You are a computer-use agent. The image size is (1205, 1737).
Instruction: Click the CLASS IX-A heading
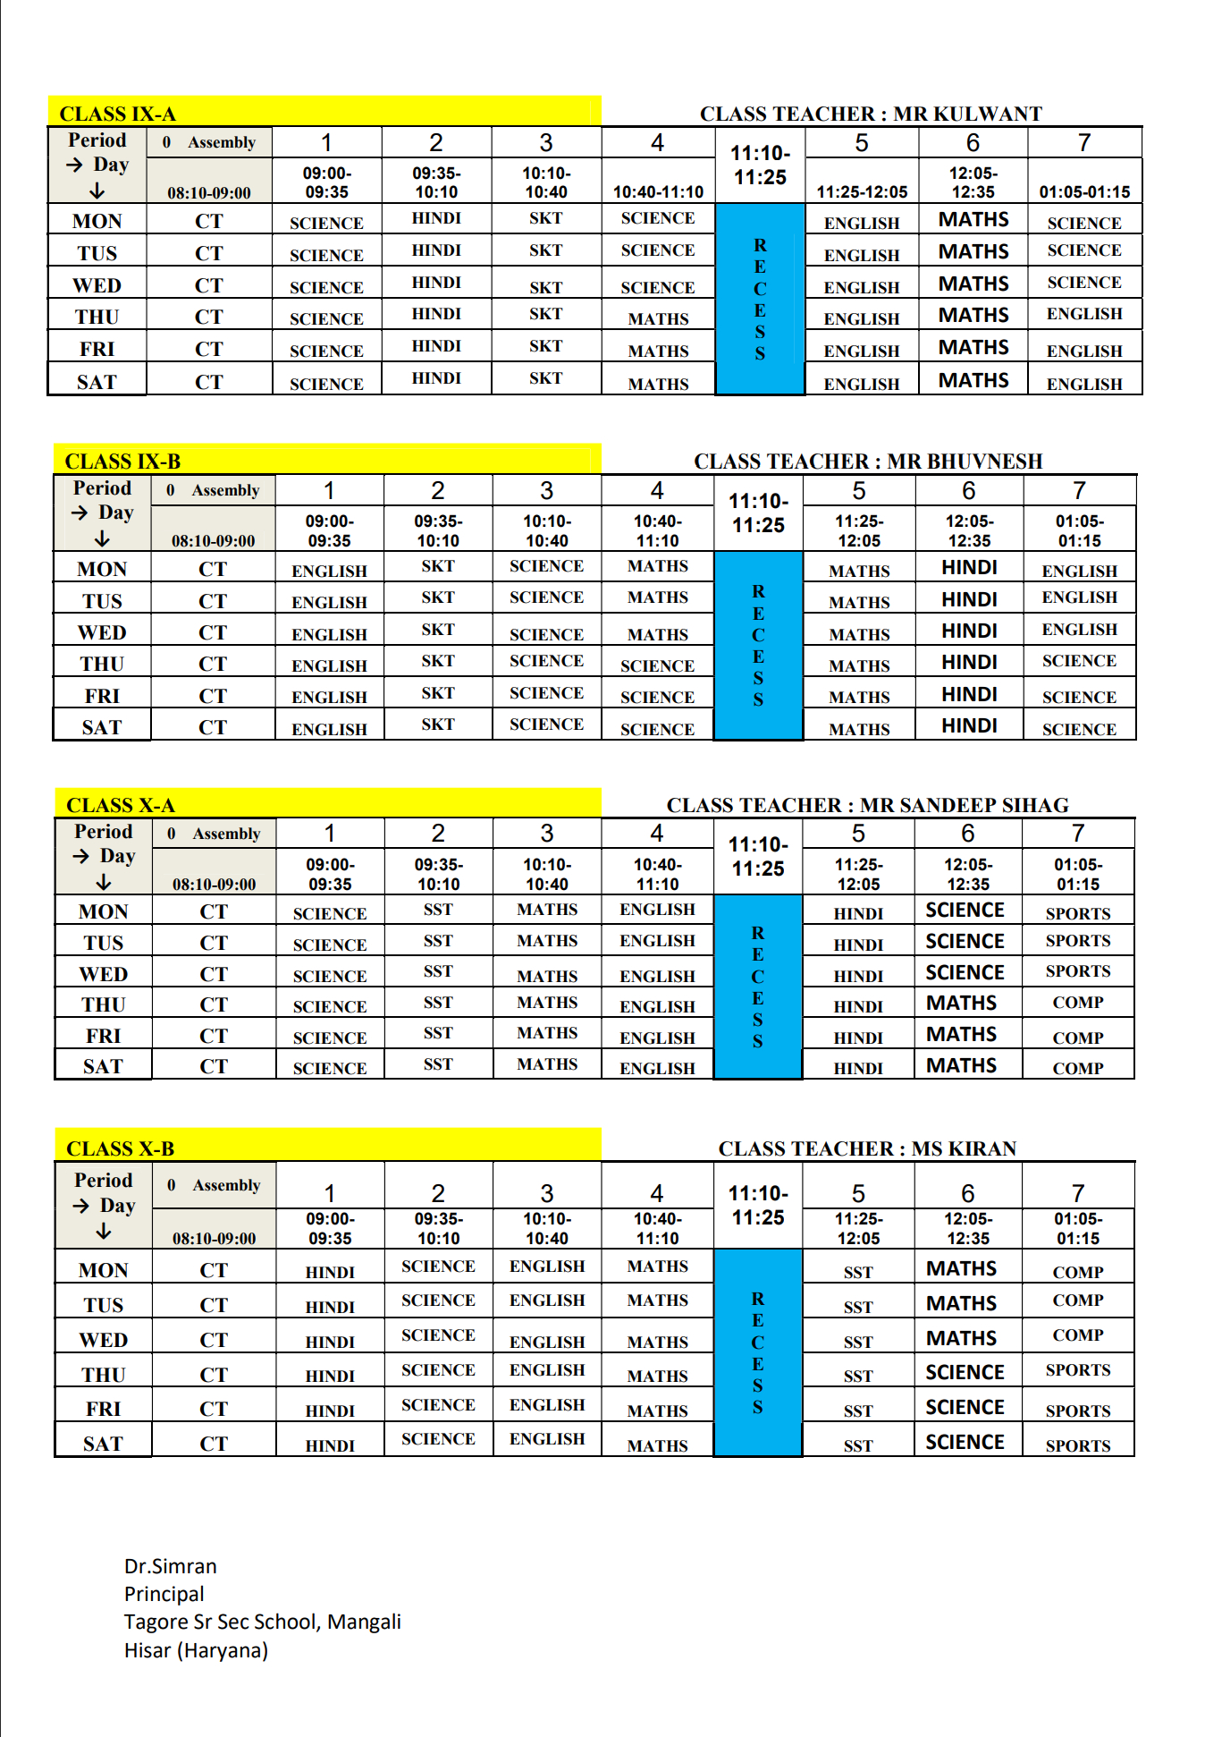(117, 114)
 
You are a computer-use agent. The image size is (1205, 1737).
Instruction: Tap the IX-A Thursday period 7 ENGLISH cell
(1083, 314)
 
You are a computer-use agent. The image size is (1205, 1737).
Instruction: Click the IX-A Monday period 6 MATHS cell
(973, 219)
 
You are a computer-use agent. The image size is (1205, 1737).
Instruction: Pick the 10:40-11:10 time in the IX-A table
(658, 191)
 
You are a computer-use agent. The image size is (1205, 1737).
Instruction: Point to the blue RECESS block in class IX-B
(758, 645)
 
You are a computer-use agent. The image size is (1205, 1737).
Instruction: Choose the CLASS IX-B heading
(122, 462)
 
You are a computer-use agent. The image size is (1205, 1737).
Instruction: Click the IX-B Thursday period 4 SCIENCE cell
(657, 665)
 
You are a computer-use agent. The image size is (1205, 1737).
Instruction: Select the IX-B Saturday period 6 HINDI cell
(969, 725)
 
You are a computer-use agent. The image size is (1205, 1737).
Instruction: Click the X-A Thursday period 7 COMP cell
(1077, 1003)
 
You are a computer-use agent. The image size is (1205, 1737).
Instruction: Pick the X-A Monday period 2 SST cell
(438, 910)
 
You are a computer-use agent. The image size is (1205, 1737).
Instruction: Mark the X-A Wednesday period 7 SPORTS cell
(1077, 971)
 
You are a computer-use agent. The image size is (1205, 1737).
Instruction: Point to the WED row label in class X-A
(103, 974)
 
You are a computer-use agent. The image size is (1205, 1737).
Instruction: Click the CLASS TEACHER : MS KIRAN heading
(867, 1148)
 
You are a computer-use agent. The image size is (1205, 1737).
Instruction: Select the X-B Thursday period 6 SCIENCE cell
(965, 1372)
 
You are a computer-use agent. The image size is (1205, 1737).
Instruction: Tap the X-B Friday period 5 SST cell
(857, 1411)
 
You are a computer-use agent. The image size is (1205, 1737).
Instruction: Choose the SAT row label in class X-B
(103, 1444)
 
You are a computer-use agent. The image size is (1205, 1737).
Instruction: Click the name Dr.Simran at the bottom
(170, 1566)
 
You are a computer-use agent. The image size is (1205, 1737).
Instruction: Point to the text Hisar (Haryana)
(196, 1650)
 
